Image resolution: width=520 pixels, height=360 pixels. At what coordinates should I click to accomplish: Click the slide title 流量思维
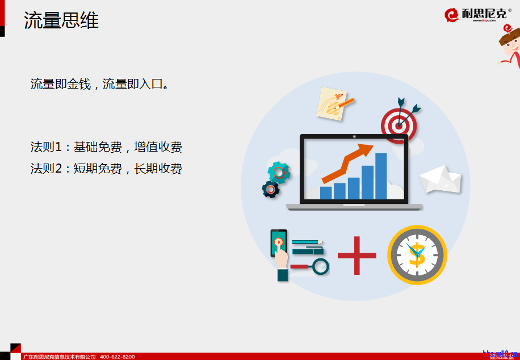61,20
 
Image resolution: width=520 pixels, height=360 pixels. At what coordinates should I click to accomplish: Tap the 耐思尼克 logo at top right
477,14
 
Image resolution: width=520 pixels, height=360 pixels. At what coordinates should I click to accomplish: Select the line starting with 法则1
106,147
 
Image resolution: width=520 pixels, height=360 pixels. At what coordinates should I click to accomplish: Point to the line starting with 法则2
106,169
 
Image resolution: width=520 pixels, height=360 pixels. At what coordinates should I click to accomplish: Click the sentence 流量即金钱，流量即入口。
100,85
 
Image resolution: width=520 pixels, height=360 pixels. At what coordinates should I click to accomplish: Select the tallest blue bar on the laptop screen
381,176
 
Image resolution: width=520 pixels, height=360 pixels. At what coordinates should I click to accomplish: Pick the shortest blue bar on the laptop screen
326,193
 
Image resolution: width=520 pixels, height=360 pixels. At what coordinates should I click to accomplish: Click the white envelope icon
440,179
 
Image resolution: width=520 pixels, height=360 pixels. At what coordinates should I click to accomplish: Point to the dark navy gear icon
271,189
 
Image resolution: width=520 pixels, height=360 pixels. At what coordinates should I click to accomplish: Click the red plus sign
357,256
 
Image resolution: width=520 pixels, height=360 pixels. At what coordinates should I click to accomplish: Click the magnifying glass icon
320,266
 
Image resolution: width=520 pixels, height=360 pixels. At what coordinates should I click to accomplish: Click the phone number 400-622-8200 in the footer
118,357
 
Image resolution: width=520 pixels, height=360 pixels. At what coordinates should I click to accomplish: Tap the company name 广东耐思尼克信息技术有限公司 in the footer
59,357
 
